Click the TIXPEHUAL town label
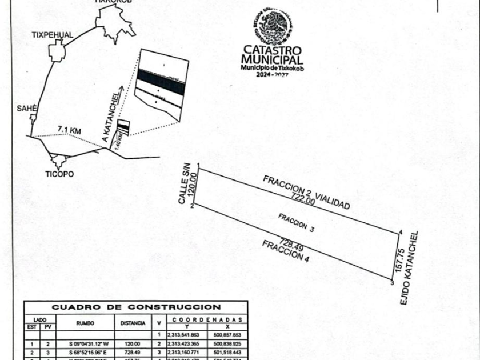click(x=53, y=35)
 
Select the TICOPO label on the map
click(x=59, y=174)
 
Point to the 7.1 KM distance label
click(x=69, y=130)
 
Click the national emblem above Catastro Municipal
click(x=273, y=26)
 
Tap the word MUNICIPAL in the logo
click(x=272, y=59)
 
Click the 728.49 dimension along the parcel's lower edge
click(x=289, y=243)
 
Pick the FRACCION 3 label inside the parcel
click(x=297, y=222)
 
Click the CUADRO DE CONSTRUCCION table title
click(x=136, y=307)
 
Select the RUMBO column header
click(x=85, y=323)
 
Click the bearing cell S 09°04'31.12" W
click(x=85, y=344)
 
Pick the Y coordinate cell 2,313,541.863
click(x=183, y=334)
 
